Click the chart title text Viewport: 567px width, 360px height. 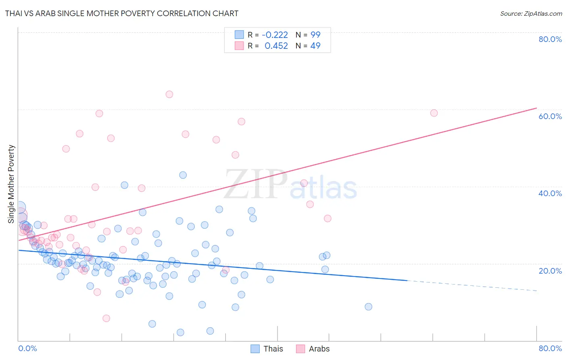click(x=122, y=13)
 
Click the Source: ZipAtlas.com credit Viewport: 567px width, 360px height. click(x=531, y=13)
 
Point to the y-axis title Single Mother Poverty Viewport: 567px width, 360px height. click(x=11, y=184)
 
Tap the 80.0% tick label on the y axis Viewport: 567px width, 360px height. click(x=550, y=39)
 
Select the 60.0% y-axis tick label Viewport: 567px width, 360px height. click(x=550, y=116)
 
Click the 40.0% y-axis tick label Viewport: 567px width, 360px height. click(x=550, y=193)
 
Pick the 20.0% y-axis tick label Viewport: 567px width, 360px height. click(x=550, y=271)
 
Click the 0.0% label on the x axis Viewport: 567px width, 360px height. click(x=27, y=348)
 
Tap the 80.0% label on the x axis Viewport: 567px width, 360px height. click(x=550, y=348)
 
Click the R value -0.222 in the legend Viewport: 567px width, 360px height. click(x=275, y=35)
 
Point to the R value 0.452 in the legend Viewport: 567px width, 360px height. click(x=276, y=46)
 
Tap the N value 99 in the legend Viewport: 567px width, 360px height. click(x=315, y=35)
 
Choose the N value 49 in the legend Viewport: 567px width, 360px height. click(x=315, y=46)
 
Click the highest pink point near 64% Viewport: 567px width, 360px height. click(x=169, y=94)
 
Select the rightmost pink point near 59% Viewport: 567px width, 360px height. click(x=434, y=113)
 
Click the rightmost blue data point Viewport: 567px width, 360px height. click(x=368, y=307)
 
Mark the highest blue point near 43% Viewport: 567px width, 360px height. click(x=183, y=175)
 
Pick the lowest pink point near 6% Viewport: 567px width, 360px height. click(x=106, y=318)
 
